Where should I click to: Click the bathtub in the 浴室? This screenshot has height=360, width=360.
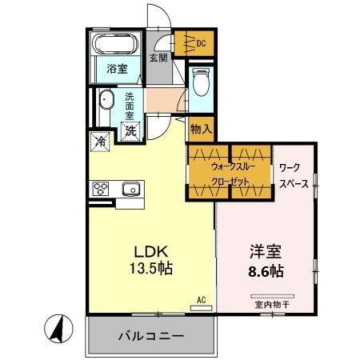click(x=117, y=44)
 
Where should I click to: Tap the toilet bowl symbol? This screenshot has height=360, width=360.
click(x=199, y=82)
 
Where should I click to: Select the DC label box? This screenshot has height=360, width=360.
click(x=202, y=43)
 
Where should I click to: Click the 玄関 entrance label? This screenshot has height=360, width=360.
click(x=158, y=58)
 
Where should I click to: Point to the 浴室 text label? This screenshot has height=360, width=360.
click(x=117, y=70)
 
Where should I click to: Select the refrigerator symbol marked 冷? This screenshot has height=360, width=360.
click(x=101, y=141)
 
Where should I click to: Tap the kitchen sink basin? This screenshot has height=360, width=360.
click(x=131, y=189)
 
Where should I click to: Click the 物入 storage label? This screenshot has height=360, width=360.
click(x=200, y=128)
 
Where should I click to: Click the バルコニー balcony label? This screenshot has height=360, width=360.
click(x=153, y=335)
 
